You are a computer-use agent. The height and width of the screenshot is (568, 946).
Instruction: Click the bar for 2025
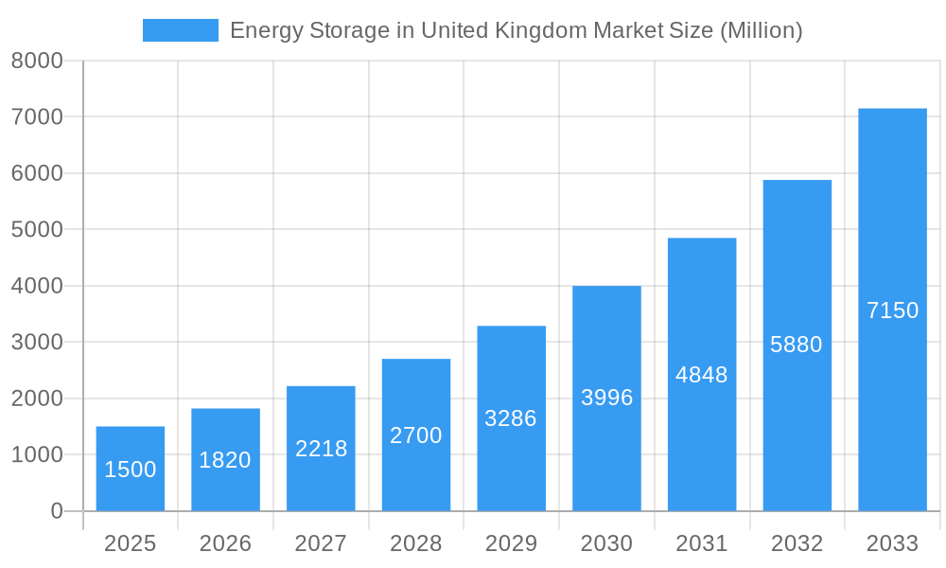click(131, 469)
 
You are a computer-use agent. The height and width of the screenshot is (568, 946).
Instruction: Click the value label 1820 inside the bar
click(225, 460)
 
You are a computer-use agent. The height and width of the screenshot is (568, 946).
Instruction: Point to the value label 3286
click(511, 418)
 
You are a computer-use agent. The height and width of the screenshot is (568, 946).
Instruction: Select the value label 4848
click(702, 375)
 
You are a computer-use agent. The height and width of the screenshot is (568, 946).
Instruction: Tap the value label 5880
click(797, 345)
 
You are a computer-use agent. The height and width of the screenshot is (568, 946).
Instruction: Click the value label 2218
click(321, 449)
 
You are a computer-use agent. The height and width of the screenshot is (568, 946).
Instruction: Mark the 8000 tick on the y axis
click(37, 62)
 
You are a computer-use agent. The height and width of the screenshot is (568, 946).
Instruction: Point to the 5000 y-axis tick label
click(37, 230)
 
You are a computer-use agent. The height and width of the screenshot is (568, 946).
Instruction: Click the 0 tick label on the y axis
click(56, 511)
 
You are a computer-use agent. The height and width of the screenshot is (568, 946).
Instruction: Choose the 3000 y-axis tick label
click(37, 343)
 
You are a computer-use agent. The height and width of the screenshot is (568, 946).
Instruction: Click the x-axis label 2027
click(321, 543)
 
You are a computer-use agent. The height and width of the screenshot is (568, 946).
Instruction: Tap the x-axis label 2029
click(511, 543)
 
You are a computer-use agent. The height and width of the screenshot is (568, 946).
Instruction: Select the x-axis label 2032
click(797, 543)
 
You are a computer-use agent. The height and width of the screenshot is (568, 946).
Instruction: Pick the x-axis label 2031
click(702, 543)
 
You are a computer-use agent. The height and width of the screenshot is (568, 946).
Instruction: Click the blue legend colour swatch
click(180, 30)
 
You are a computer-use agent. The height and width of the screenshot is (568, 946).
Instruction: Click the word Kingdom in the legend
click(540, 30)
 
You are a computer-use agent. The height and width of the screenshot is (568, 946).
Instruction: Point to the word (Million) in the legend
click(761, 30)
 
